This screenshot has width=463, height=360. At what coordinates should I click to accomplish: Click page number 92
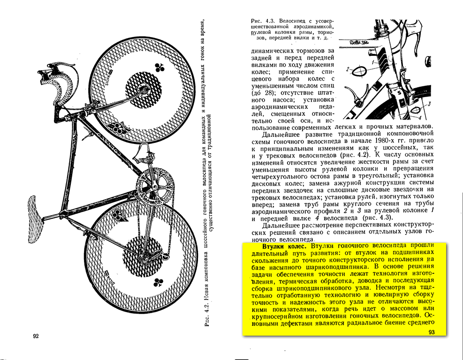point(36,336)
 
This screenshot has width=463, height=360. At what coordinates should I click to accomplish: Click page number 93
point(432,332)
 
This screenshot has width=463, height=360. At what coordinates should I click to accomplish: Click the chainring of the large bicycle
point(152,188)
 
